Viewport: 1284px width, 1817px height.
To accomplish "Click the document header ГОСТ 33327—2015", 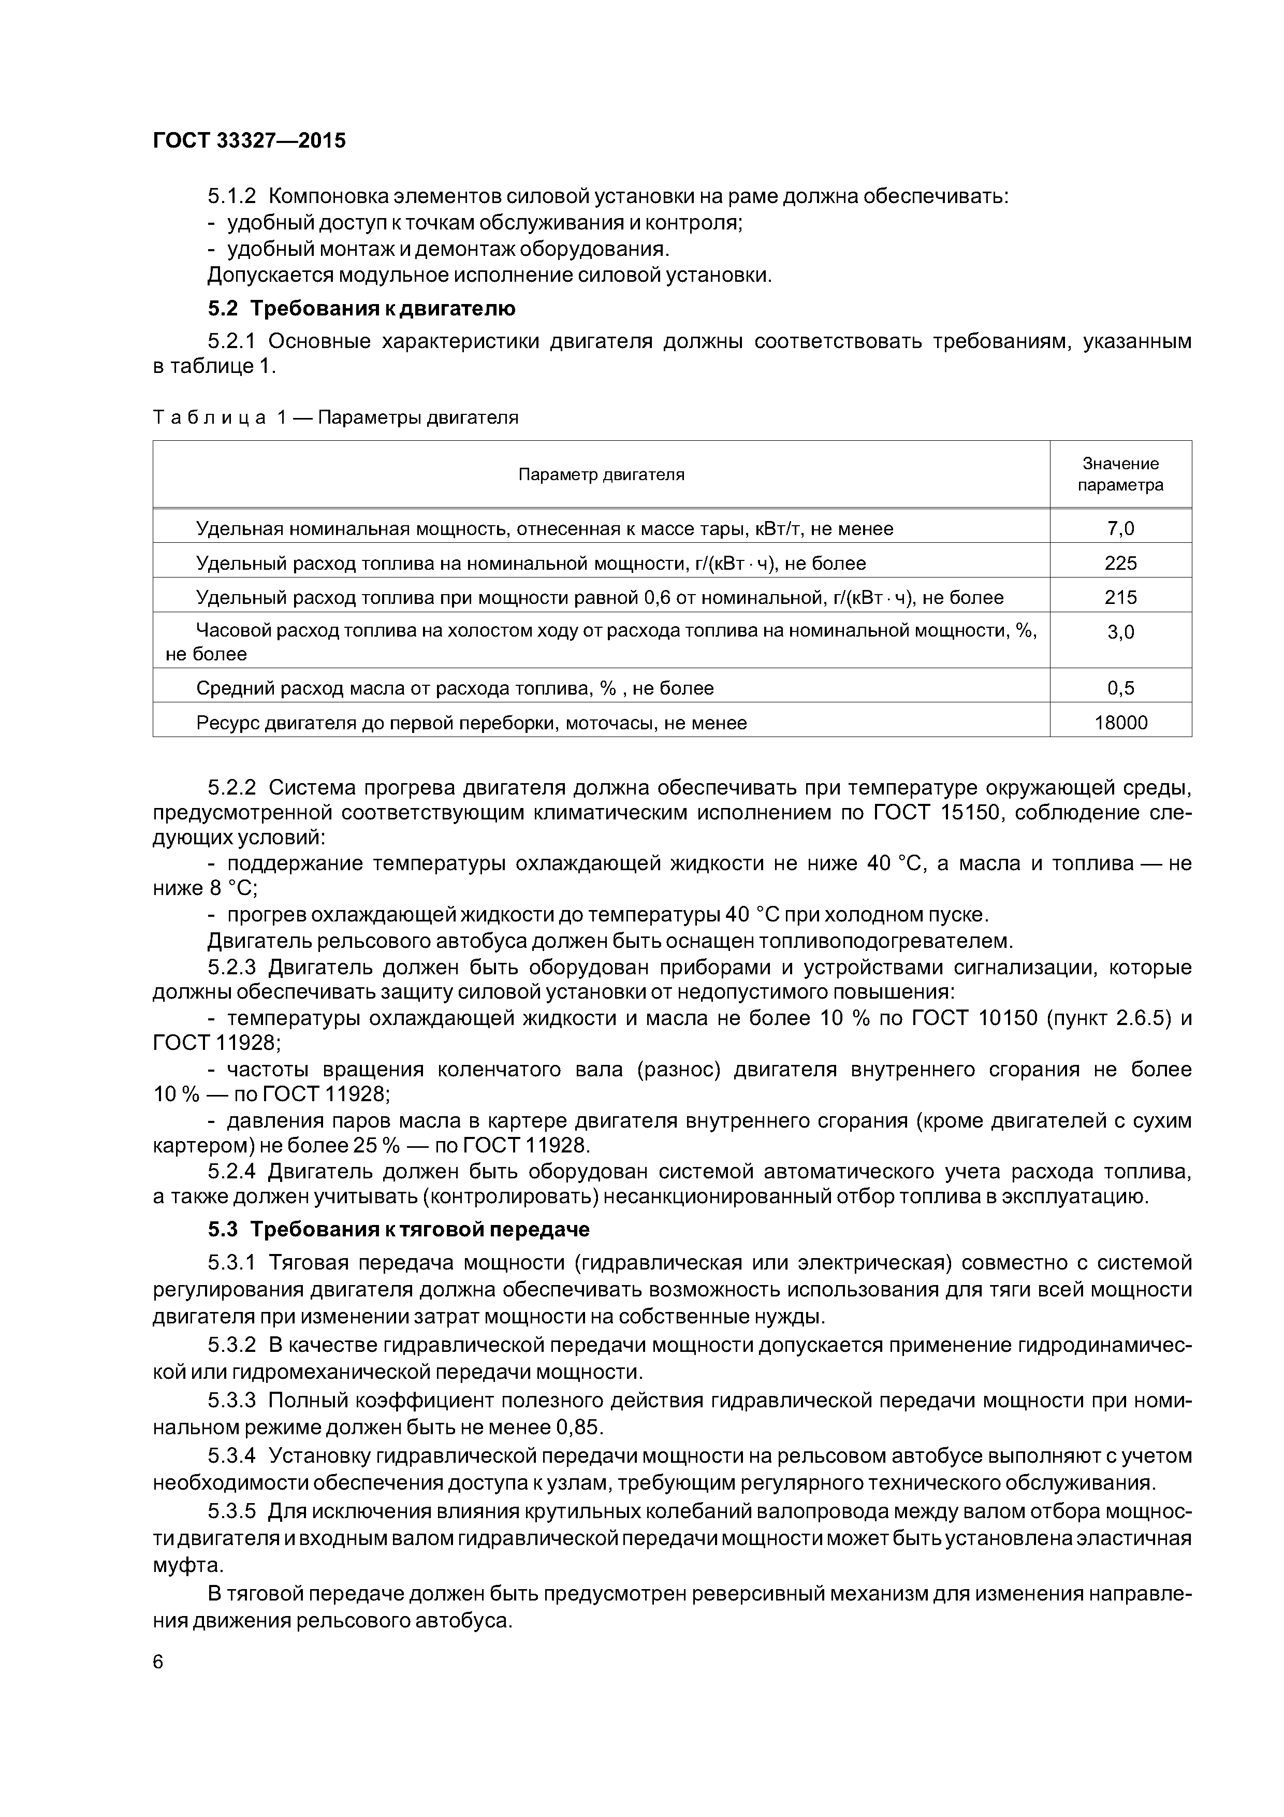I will [x=249, y=141].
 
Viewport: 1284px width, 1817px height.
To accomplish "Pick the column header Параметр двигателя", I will [x=601, y=475].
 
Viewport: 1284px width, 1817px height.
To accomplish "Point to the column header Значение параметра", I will [x=1120, y=474].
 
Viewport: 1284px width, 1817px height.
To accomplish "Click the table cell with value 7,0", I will [x=1120, y=529].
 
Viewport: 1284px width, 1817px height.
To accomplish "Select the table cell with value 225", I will [x=1120, y=564].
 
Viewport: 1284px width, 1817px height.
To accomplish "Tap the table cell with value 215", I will [x=1120, y=598].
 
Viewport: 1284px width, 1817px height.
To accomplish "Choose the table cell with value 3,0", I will [x=1120, y=632].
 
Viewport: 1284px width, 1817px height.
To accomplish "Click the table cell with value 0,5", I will [x=1120, y=688].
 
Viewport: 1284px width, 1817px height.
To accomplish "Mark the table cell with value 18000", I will [x=1120, y=723].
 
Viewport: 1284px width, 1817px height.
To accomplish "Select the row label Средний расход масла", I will [x=455, y=688].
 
